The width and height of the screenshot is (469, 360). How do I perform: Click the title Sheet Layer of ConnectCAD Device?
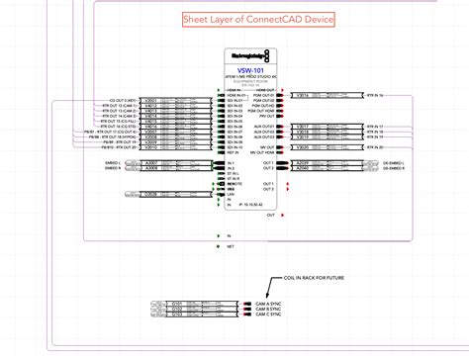point(258,20)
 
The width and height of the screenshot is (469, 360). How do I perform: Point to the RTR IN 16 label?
point(374,95)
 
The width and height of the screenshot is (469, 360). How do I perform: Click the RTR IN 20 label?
point(374,146)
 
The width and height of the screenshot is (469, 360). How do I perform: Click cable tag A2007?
point(150,162)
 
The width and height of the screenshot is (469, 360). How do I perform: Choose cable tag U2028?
point(150,194)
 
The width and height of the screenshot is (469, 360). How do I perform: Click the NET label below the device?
point(229,246)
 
